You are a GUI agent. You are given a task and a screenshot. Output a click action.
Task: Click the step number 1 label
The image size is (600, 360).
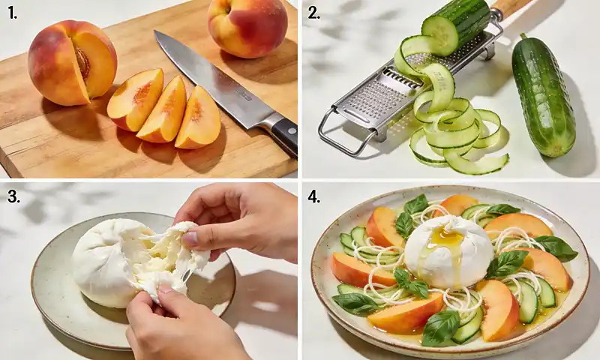point(10,12)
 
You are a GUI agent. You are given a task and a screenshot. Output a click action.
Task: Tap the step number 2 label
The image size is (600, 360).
point(313,12)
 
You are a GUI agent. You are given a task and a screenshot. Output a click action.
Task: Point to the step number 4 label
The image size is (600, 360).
point(313,197)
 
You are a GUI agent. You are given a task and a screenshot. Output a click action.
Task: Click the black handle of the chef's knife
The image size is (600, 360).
point(283,133)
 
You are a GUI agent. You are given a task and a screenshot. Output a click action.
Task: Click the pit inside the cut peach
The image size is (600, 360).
point(80,60)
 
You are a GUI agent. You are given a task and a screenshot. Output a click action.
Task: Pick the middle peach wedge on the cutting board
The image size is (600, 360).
point(164,111)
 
